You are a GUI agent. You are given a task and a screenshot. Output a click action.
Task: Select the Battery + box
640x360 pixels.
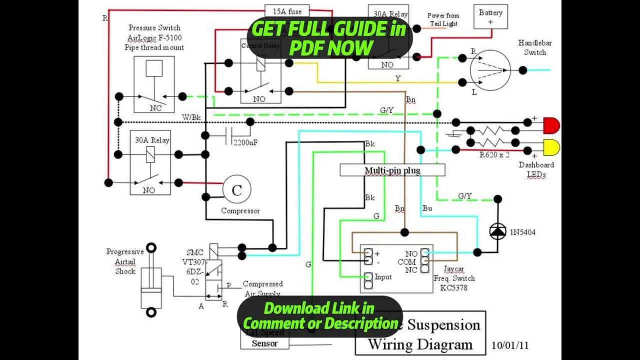coord(490,17)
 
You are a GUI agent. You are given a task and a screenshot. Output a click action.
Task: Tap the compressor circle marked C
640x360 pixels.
coord(236,189)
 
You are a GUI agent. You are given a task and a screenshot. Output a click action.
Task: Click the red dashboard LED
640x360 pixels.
coord(551,125)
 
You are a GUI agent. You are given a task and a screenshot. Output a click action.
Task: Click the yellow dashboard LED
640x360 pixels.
coord(551,147)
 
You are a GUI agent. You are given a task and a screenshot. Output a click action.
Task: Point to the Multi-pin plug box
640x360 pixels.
coord(392,170)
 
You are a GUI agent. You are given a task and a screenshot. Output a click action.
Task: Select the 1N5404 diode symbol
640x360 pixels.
coord(497,230)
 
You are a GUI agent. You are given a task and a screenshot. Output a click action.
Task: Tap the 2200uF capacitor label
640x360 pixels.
coord(245,142)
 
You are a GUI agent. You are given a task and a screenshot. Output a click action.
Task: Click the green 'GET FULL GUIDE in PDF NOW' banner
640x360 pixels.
coord(329,38)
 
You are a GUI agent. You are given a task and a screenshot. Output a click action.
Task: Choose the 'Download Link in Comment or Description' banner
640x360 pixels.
coord(319,316)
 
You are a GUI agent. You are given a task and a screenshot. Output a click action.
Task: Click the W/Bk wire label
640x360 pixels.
coord(191,117)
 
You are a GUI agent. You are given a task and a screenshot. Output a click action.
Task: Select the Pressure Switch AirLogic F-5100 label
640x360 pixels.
coord(154,37)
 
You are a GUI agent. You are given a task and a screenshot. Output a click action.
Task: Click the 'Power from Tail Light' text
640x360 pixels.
coord(443,19)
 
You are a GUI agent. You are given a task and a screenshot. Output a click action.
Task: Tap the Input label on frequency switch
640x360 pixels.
coord(383,277)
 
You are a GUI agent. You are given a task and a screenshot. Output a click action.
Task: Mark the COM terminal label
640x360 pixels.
coord(407,262)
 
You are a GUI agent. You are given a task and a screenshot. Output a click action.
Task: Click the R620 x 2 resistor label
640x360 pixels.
coord(494,154)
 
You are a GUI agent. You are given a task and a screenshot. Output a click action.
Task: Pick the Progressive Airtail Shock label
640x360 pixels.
coord(125,261)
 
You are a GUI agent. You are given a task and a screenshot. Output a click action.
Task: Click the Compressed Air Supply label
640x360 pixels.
coord(262,288)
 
